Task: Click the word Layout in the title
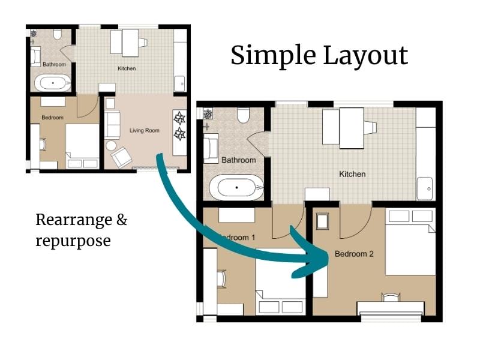pyautogui.click(x=365, y=56)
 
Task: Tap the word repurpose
pyautogui.click(x=73, y=241)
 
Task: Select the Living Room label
pyautogui.click(x=145, y=130)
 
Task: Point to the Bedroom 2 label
pyautogui.click(x=354, y=254)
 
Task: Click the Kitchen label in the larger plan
pyautogui.click(x=352, y=174)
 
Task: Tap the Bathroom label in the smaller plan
pyautogui.click(x=53, y=64)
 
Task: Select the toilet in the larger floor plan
pyautogui.click(x=244, y=115)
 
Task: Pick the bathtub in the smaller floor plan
pyautogui.click(x=53, y=83)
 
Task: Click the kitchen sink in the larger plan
pyautogui.click(x=425, y=188)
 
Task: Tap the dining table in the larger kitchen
pyautogui.click(x=351, y=127)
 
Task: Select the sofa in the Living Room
pyautogui.click(x=112, y=124)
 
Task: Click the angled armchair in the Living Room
pyautogui.click(x=121, y=157)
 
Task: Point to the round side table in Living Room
pyautogui.click(x=111, y=145)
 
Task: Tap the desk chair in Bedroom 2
pyautogui.click(x=391, y=297)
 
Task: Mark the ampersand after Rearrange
pyautogui.click(x=121, y=220)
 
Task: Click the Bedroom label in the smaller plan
pyautogui.click(x=52, y=118)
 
